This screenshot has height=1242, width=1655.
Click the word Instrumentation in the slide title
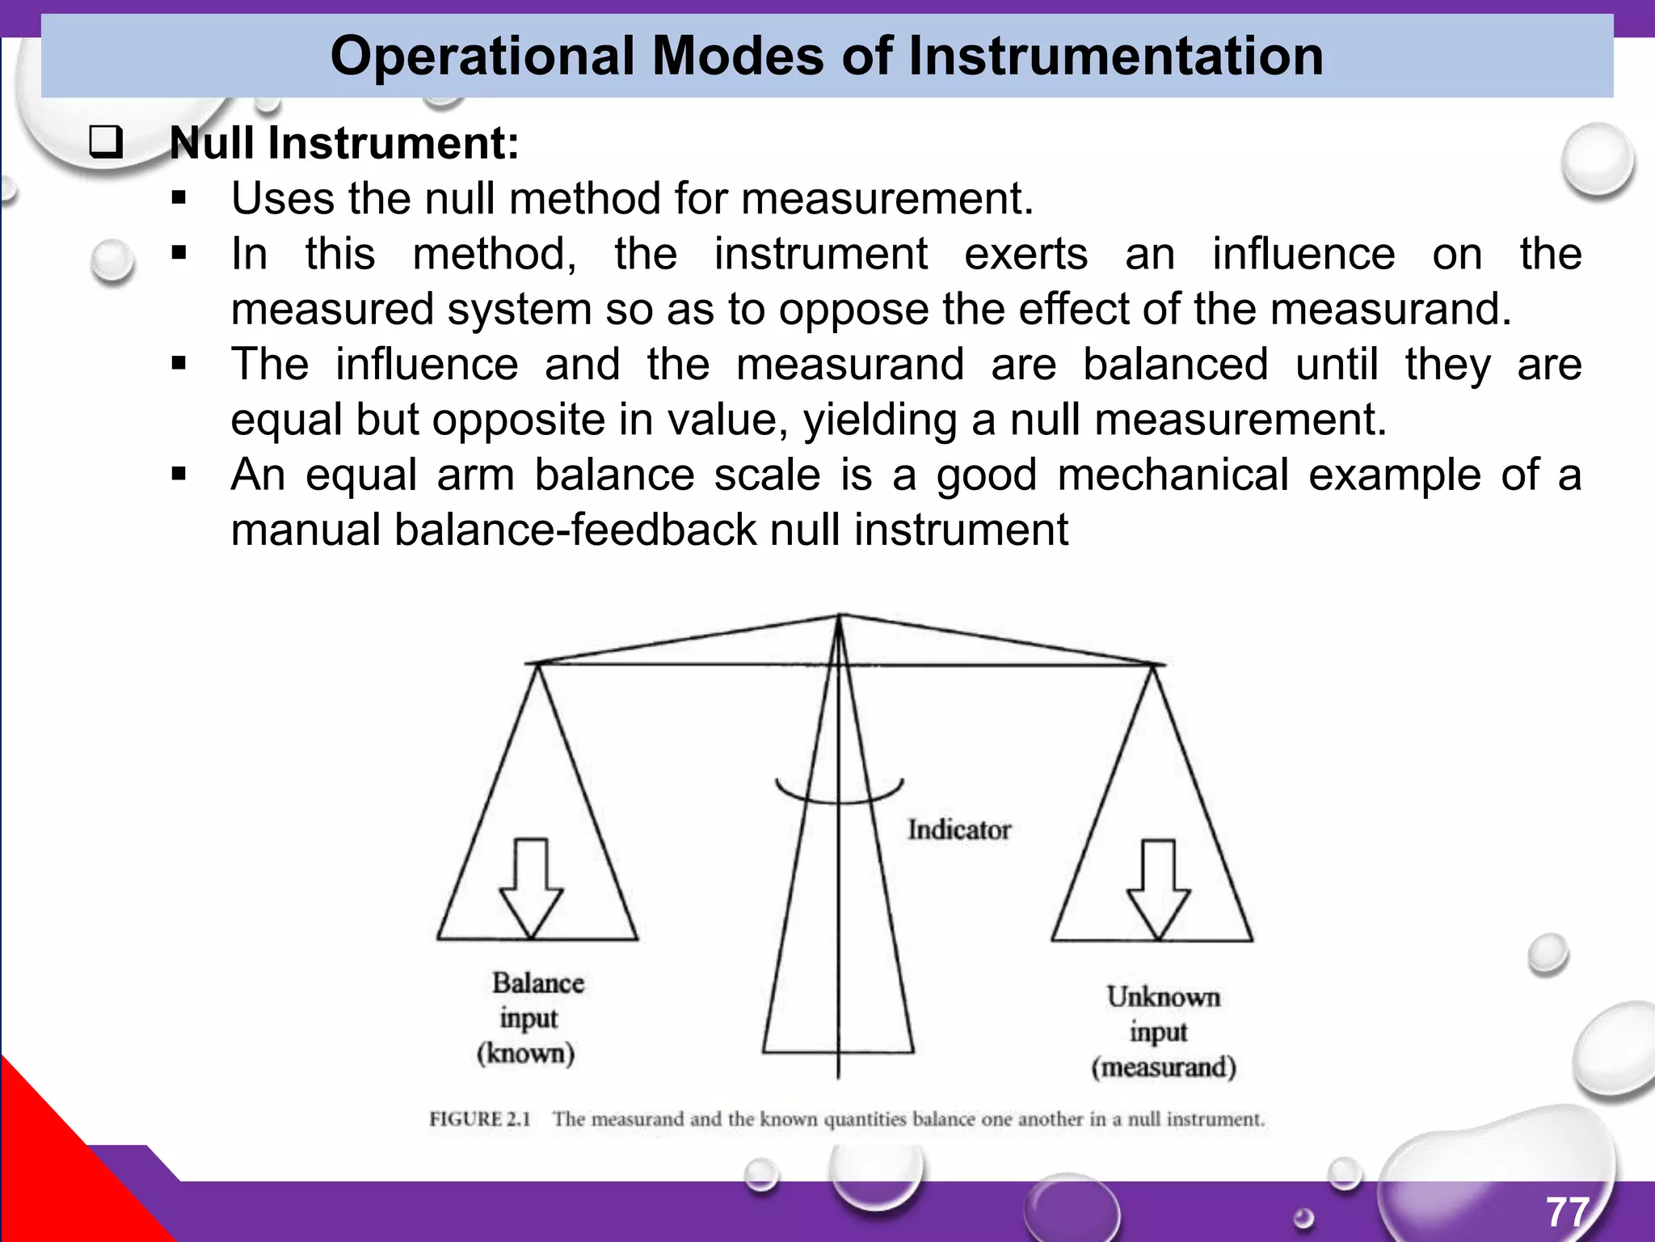pyautogui.click(x=1115, y=57)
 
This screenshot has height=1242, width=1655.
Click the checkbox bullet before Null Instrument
pyautogui.click(x=106, y=143)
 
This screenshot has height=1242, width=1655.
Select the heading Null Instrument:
pyautogui.click(x=344, y=143)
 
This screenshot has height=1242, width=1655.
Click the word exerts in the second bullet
pyautogui.click(x=1025, y=254)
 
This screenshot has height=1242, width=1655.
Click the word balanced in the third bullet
pyautogui.click(x=1175, y=365)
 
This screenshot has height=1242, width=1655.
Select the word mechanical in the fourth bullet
pyautogui.click(x=1172, y=475)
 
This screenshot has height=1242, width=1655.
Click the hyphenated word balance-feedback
pyautogui.click(x=575, y=530)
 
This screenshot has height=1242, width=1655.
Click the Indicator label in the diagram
pyautogui.click(x=958, y=830)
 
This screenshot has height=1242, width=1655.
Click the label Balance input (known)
pyautogui.click(x=531, y=1018)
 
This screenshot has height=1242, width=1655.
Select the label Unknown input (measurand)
pyautogui.click(x=1163, y=1033)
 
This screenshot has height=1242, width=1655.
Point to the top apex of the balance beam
pyautogui.click(x=839, y=617)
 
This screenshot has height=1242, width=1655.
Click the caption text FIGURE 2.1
pyautogui.click(x=479, y=1119)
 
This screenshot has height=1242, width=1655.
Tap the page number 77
pyautogui.click(x=1568, y=1212)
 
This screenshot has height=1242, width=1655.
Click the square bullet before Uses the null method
pyautogui.click(x=179, y=199)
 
